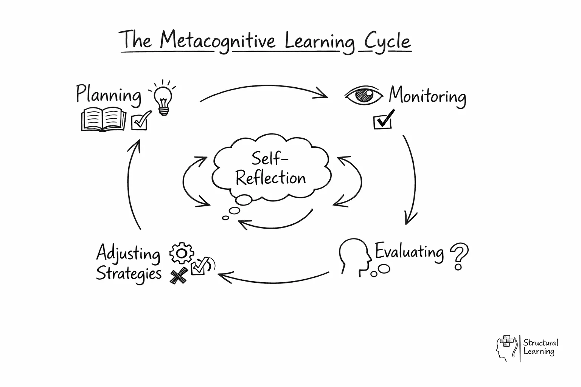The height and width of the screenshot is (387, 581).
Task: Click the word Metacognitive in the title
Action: coord(217,41)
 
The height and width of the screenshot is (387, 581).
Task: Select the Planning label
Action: coord(109,94)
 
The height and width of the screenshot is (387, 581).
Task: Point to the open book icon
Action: coord(103,119)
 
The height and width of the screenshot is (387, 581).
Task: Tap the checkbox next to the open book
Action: coord(140,121)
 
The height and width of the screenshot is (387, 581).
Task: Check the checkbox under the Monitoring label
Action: coord(383,121)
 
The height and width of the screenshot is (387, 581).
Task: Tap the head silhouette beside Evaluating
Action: coord(355,255)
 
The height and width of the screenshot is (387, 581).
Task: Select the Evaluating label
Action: coord(409,252)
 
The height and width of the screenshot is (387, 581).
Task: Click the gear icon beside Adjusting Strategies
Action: coord(182,253)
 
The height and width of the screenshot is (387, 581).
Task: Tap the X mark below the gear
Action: coord(179,276)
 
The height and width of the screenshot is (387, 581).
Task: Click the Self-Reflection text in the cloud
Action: coord(270,169)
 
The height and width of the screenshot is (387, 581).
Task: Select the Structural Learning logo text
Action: coord(540,347)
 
